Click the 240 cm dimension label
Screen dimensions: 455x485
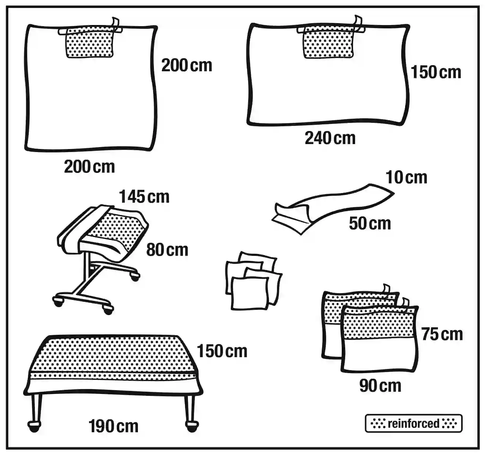[330, 138]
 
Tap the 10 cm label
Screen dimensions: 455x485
[406, 177]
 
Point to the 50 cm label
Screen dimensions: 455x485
[370, 223]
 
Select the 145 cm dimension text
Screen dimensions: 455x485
[144, 197]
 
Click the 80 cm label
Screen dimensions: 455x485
[167, 250]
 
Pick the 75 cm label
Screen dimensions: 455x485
[442, 334]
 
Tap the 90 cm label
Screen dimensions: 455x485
[380, 386]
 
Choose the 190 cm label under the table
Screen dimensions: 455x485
[113, 426]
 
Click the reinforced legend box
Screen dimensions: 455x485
[413, 424]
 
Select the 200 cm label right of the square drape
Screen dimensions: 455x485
[186, 66]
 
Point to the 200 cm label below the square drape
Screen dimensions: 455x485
[89, 167]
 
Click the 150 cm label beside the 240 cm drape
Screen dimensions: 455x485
[436, 72]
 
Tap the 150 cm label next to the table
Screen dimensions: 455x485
[222, 351]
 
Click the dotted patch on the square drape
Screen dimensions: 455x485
[90, 44]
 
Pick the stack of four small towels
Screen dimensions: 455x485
[253, 281]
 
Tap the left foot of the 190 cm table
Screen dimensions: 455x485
[34, 425]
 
